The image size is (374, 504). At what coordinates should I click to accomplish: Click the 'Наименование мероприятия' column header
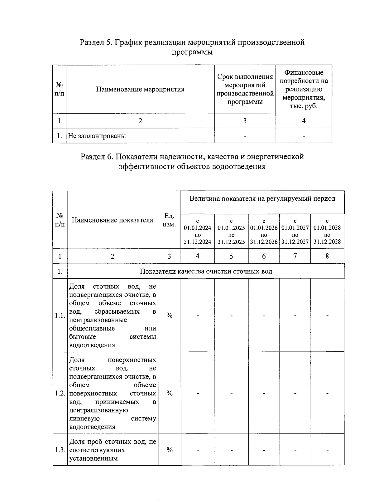(140, 89)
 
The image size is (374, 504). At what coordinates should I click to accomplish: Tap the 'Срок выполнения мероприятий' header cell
(245, 89)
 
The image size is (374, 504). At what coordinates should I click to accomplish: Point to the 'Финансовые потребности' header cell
(304, 89)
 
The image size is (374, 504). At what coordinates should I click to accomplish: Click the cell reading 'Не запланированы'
(97, 136)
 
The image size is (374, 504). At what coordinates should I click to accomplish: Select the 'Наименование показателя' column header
(113, 220)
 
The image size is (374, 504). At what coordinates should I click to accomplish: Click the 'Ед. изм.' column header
(169, 220)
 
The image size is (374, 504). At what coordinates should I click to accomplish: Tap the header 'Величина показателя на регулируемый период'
(262, 199)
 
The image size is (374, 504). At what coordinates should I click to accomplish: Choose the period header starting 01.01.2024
(198, 231)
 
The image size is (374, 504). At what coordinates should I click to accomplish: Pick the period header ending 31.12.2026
(264, 231)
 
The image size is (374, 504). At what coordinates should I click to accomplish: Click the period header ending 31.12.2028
(327, 231)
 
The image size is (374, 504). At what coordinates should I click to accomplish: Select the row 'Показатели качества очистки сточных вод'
(206, 271)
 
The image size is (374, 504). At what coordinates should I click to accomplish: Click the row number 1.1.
(60, 316)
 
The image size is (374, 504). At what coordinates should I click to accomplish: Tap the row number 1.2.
(60, 393)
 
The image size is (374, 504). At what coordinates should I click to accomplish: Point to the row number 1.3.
(60, 450)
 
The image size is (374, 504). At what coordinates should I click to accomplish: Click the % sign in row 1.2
(169, 393)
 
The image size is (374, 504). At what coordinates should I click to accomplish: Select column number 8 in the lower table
(327, 256)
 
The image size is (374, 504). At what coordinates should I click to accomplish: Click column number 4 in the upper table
(304, 121)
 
